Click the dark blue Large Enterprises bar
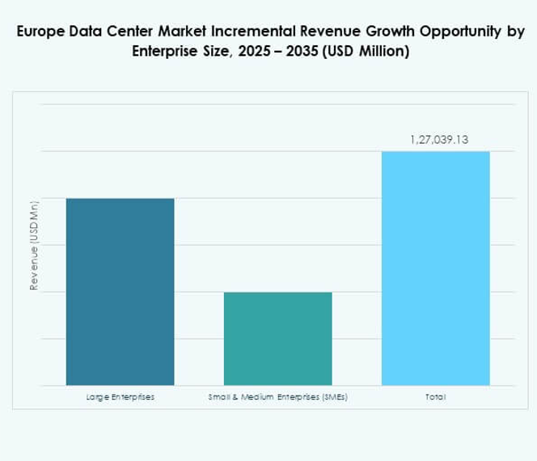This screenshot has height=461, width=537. pyautogui.click(x=120, y=291)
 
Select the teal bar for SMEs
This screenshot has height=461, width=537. pyautogui.click(x=277, y=338)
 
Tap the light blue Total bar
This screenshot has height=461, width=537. pyautogui.click(x=435, y=268)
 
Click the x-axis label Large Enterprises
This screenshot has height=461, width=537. pyautogui.click(x=120, y=397)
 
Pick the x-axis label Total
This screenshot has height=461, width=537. pyautogui.click(x=435, y=397)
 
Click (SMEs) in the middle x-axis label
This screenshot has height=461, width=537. pyautogui.click(x=332, y=397)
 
